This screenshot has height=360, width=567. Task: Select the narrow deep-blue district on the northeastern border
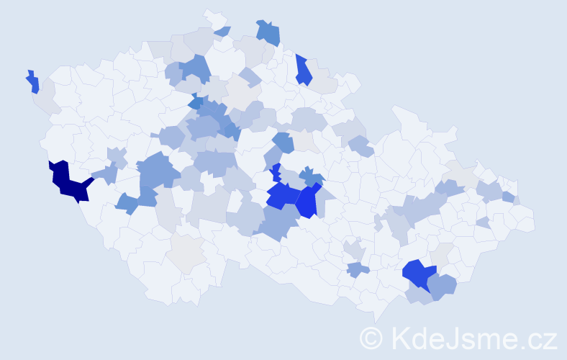(x=303, y=71)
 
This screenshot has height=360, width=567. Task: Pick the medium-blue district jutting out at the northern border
(x=268, y=32)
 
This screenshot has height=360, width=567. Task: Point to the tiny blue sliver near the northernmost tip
(x=223, y=31)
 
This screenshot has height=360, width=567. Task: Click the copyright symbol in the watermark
(x=371, y=338)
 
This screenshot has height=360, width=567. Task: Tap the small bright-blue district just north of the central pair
(x=276, y=173)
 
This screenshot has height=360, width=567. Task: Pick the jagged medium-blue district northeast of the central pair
(x=311, y=176)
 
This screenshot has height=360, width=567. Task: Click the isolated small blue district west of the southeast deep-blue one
(x=358, y=269)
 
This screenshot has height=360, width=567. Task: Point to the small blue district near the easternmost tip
(x=509, y=197)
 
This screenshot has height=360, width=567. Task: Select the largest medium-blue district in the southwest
(x=157, y=171)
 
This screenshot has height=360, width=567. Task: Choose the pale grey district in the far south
(x=186, y=253)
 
